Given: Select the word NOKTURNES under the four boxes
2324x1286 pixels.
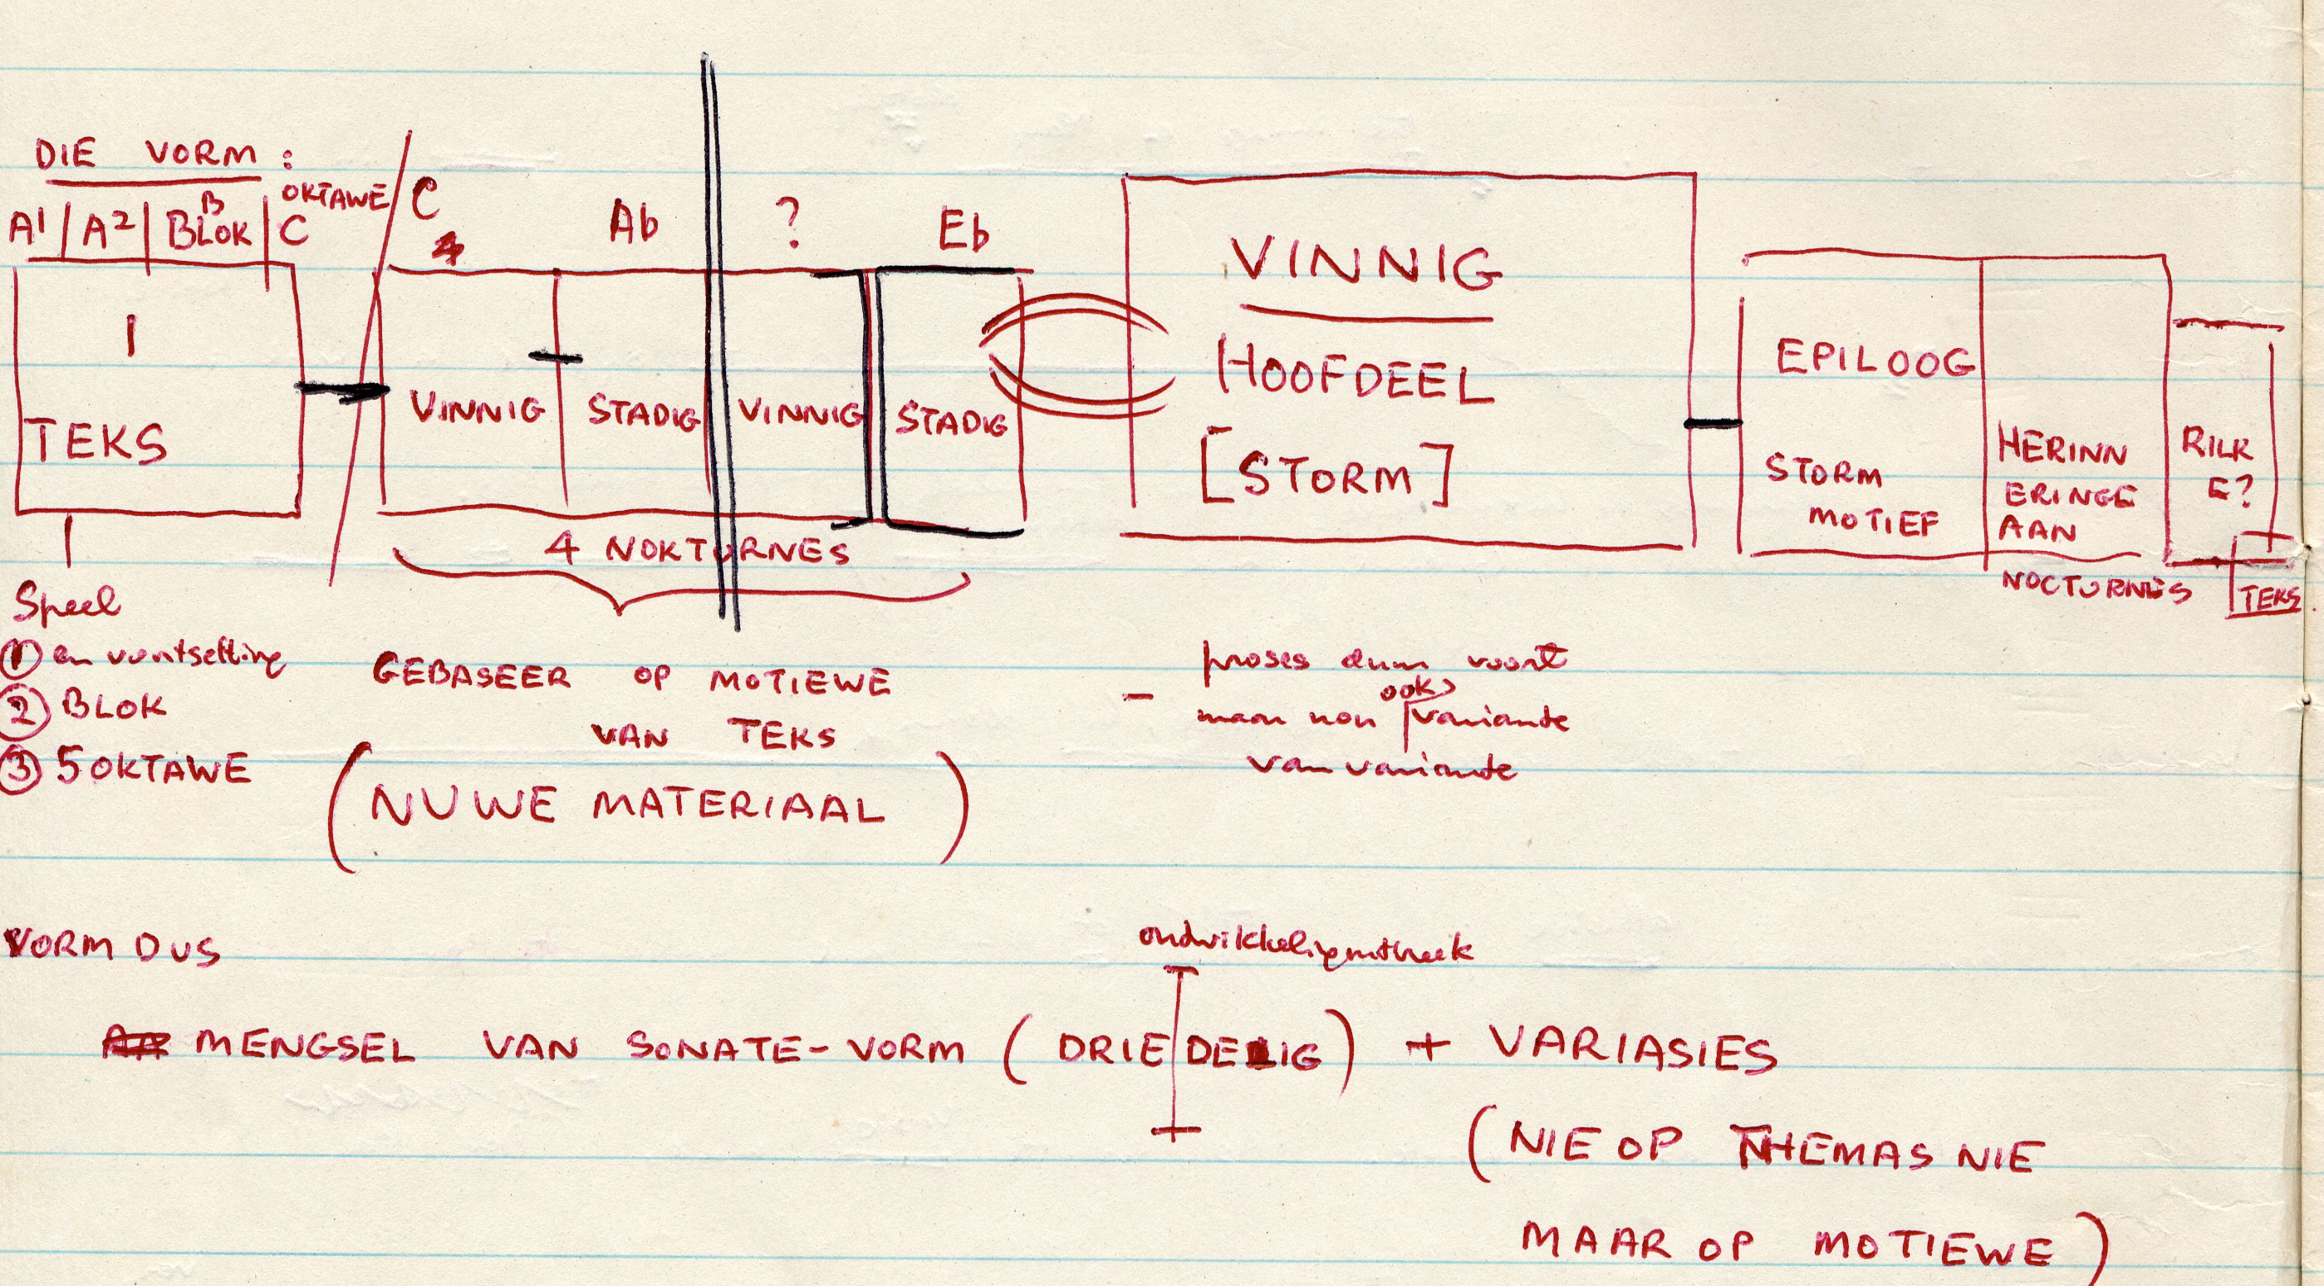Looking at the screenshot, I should [x=727, y=550].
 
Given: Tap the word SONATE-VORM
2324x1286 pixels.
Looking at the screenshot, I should [x=795, y=1048].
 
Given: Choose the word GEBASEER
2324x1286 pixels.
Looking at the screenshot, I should [x=472, y=676].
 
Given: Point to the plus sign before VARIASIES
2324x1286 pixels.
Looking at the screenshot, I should [x=1424, y=1047].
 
